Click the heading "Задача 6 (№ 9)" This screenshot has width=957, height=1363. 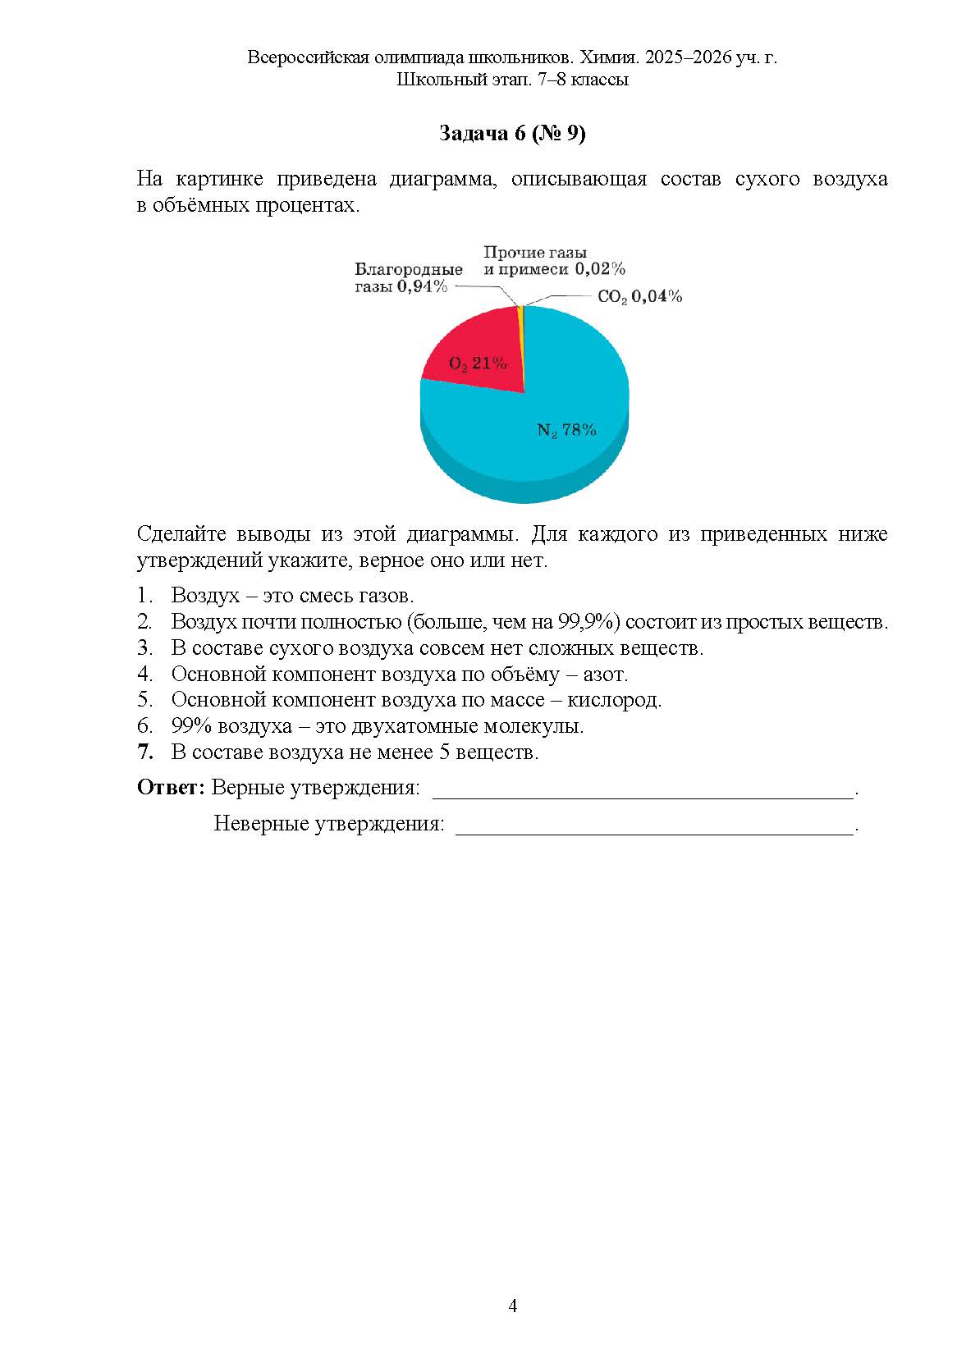click(512, 134)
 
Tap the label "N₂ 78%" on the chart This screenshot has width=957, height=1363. click(566, 429)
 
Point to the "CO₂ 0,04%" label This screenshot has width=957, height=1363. click(639, 296)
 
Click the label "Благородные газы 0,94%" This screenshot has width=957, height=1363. click(408, 277)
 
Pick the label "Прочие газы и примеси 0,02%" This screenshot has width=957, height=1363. click(554, 260)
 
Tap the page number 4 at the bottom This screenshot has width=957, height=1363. click(513, 1306)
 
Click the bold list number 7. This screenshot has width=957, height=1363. click(145, 752)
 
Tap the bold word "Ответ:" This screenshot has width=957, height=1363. click(170, 788)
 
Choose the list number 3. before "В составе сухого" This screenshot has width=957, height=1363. click(145, 647)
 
